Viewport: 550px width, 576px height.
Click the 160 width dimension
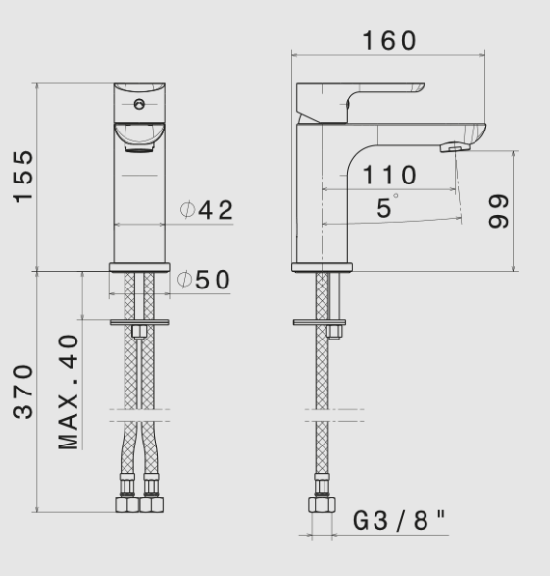[388, 41]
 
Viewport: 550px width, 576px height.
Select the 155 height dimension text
[24, 177]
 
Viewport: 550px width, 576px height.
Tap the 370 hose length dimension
[24, 390]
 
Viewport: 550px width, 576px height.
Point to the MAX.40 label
[68, 391]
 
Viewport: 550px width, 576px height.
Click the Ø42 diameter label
[206, 210]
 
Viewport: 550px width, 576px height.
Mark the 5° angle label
[388, 207]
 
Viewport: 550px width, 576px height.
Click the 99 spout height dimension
[500, 211]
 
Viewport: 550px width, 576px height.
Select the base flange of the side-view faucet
[322, 267]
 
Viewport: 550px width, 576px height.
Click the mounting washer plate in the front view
[138, 320]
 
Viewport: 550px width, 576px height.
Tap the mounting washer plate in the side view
[322, 320]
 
